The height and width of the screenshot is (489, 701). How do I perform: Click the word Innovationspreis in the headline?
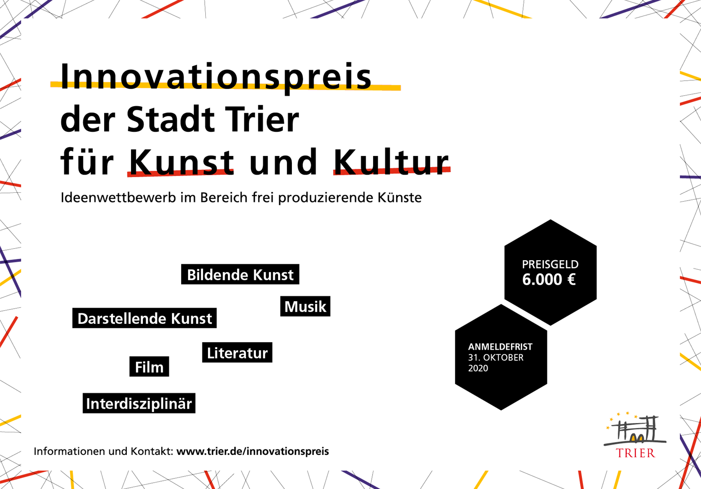coord(216,78)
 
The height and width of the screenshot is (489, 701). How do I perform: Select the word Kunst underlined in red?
coord(182,162)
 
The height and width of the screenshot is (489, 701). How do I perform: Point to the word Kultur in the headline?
coord(391,162)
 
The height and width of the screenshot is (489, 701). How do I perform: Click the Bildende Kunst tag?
coord(240,274)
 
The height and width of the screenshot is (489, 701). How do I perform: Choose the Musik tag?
coord(305,306)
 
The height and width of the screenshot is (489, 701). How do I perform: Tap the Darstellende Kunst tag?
coord(144,318)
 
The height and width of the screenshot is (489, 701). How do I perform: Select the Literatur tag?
coord(237,352)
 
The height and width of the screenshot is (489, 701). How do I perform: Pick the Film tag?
coord(149,366)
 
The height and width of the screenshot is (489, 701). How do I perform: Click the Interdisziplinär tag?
coord(139,403)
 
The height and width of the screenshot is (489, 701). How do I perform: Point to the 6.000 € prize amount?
coord(549,279)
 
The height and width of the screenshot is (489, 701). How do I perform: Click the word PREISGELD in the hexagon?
coord(550,264)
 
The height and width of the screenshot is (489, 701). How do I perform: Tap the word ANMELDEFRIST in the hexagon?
coord(500,347)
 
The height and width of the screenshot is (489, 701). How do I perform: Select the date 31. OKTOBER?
coord(496,358)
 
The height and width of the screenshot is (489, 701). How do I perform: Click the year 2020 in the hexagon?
coord(478,368)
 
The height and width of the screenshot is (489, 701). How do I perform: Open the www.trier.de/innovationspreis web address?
coord(253,452)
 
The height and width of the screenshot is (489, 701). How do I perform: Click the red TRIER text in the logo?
coord(636,453)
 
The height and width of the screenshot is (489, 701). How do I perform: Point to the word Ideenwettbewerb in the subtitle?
coord(118,198)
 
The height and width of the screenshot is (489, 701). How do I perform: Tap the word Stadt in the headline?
coord(171,119)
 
